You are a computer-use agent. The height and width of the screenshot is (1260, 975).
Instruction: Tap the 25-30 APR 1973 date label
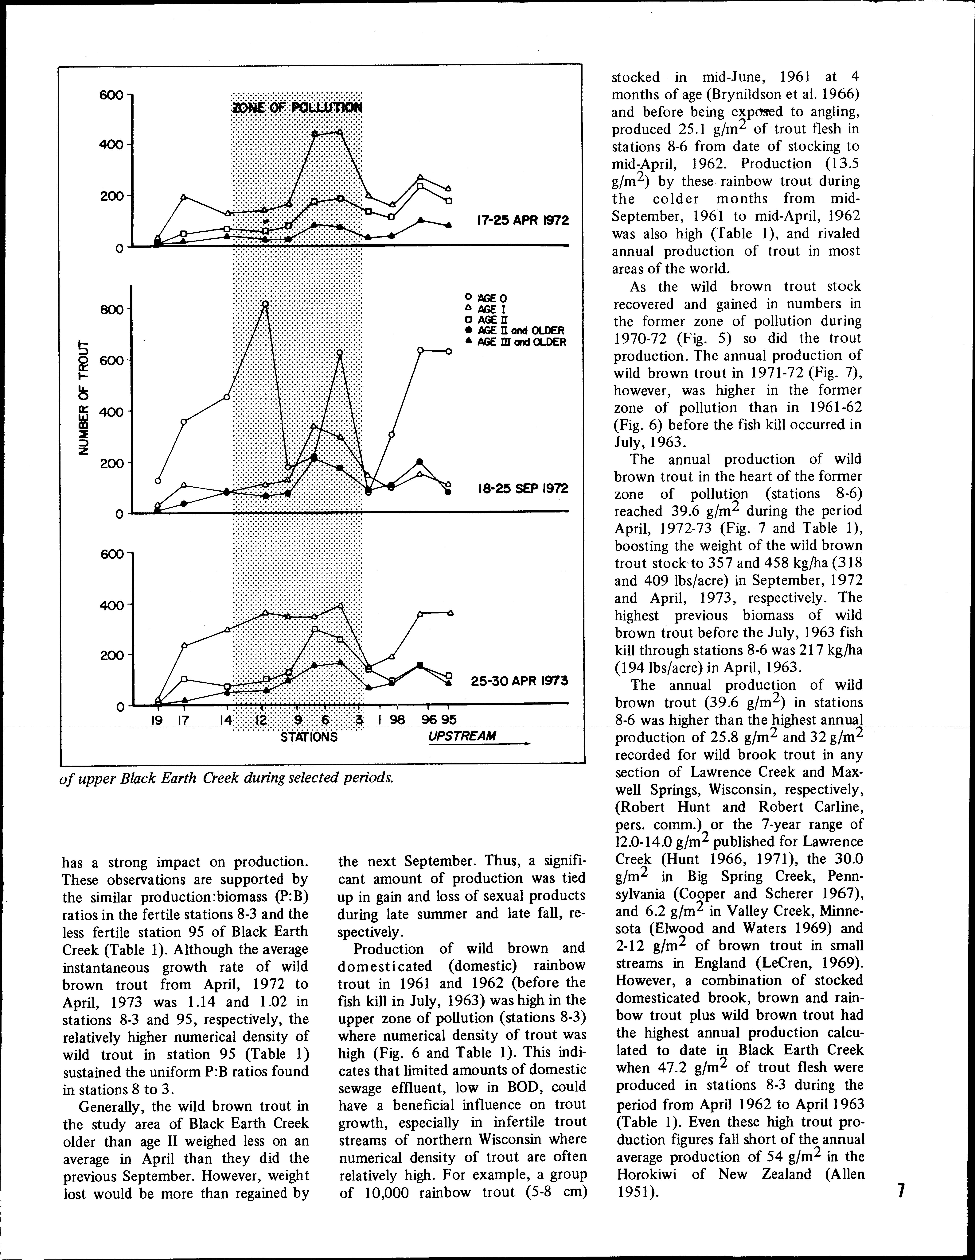click(x=520, y=681)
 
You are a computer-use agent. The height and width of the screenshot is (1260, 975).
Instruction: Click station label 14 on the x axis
click(x=225, y=720)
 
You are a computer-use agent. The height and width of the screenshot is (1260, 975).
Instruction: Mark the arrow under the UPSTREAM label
click(x=479, y=744)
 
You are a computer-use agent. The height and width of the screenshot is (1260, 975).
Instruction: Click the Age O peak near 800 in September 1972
click(x=265, y=304)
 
